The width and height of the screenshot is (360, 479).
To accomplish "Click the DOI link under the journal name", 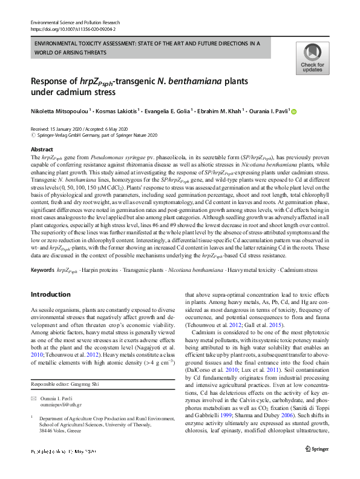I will coord(73,28).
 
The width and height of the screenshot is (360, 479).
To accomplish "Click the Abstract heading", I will coord(42,149).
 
